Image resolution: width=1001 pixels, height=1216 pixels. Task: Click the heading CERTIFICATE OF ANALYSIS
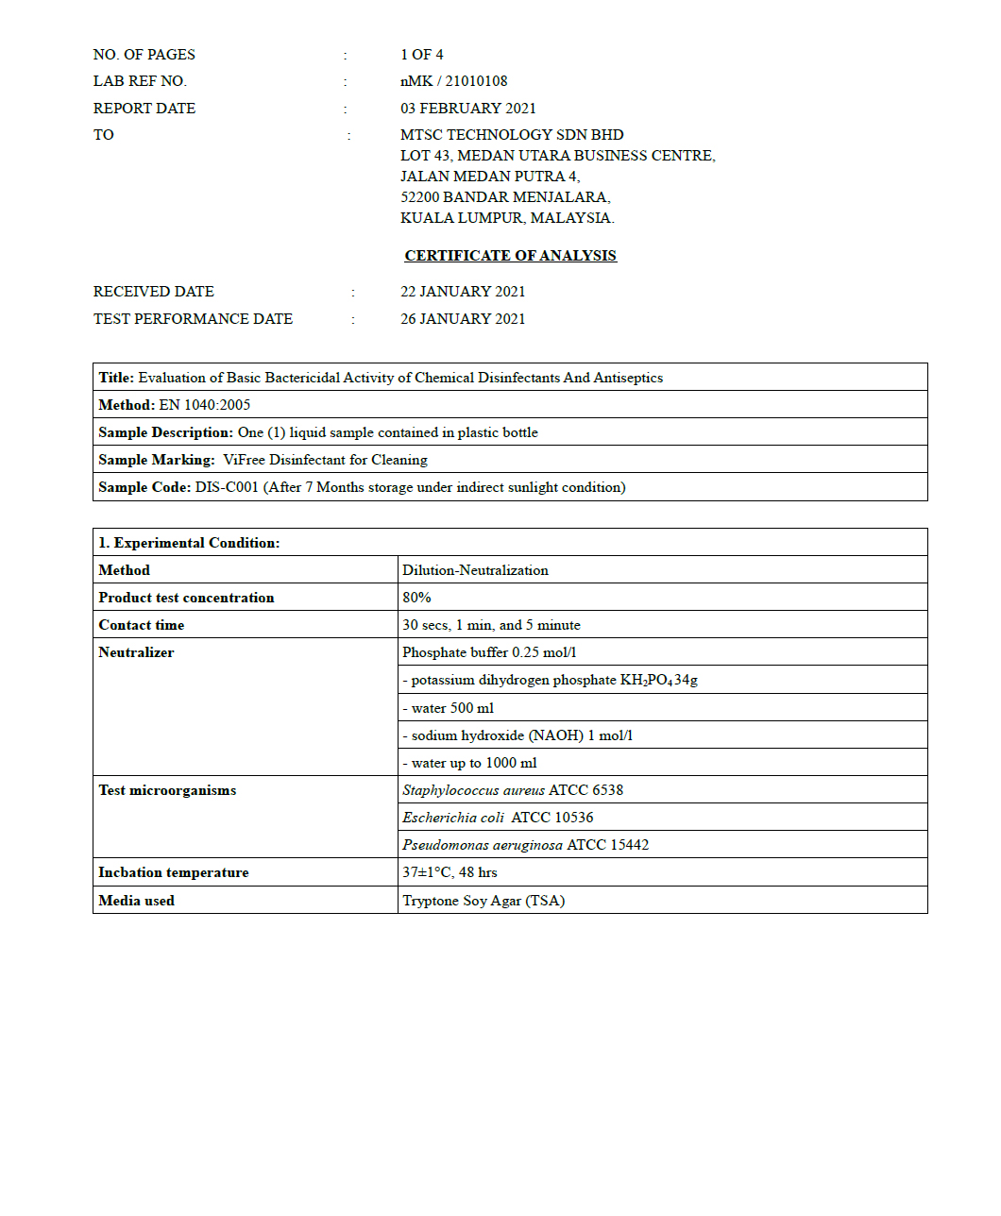(510, 256)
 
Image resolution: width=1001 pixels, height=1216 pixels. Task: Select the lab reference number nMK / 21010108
(453, 81)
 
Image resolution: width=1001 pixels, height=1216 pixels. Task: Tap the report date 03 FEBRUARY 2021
(467, 109)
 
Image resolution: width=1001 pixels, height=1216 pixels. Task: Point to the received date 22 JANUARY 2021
(462, 292)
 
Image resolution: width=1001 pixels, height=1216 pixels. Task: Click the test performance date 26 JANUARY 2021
(462, 319)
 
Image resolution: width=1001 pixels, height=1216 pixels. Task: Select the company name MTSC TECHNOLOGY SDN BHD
(512, 135)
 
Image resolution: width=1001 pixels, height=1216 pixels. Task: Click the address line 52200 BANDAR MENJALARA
(505, 197)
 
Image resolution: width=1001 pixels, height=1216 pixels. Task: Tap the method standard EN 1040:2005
(205, 405)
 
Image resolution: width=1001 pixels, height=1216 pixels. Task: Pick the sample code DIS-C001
(227, 487)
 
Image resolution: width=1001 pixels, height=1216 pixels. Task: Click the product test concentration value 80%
(416, 598)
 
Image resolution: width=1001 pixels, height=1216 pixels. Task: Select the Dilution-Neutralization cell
(475, 570)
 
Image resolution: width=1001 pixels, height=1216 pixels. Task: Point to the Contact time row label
(142, 625)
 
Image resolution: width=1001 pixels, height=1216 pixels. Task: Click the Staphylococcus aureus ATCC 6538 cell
(513, 790)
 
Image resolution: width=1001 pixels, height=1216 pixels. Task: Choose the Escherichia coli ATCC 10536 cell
(498, 818)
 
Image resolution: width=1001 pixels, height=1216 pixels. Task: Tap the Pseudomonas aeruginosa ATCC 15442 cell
(525, 845)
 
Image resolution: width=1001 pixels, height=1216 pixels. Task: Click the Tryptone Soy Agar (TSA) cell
(484, 901)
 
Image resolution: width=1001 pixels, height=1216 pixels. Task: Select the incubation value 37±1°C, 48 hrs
(450, 872)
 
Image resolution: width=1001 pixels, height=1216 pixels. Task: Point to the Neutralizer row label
(136, 652)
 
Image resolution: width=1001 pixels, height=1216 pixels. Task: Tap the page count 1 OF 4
(421, 55)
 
